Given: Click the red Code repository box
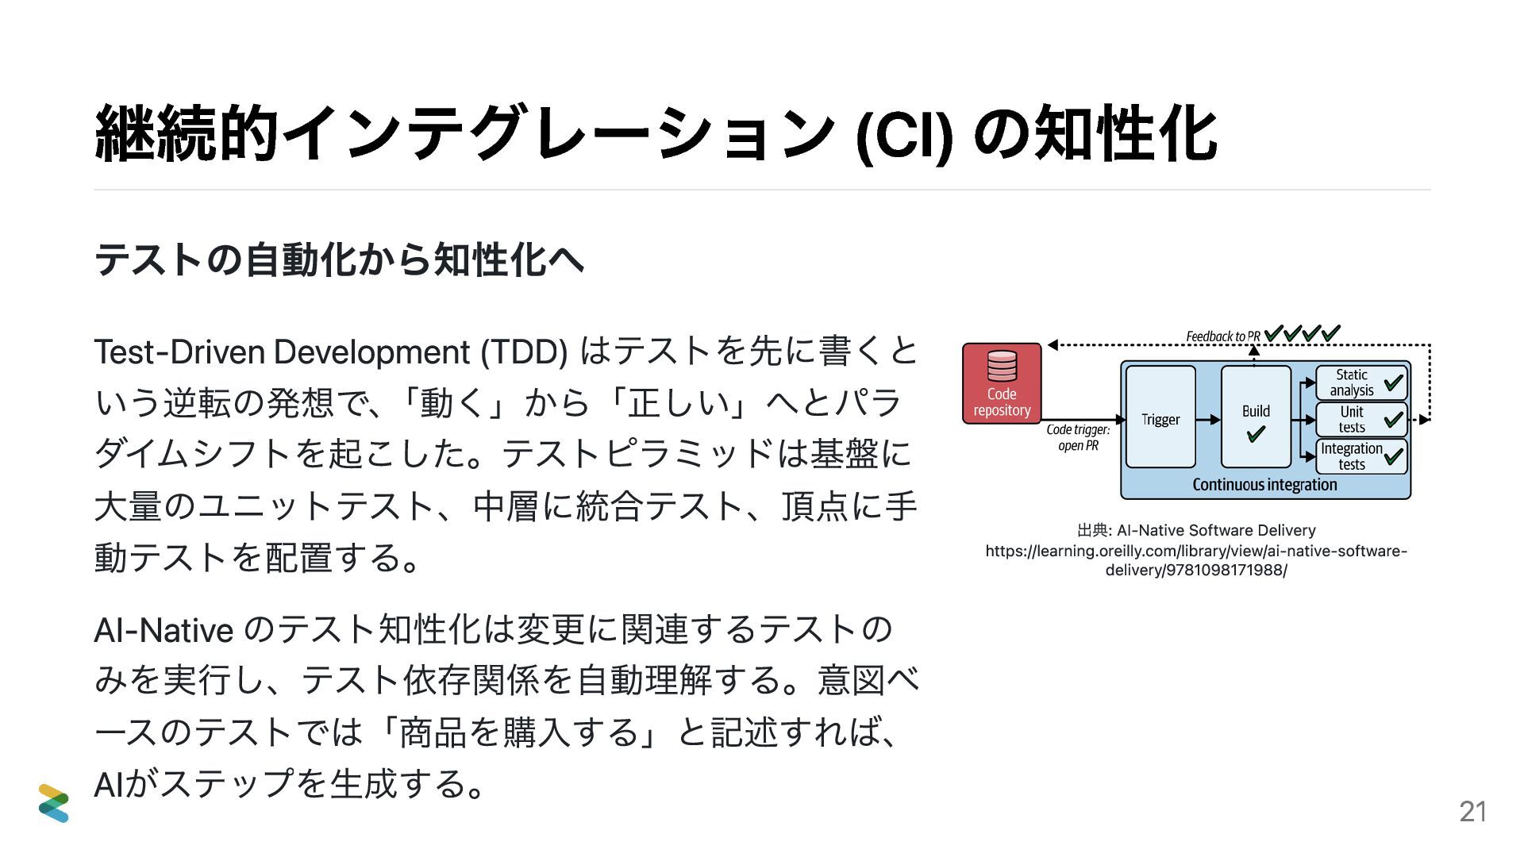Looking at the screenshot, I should (1002, 383).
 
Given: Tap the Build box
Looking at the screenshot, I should (1256, 416).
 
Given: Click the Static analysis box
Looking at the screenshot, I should (1360, 382).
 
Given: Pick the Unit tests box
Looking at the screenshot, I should (1360, 419).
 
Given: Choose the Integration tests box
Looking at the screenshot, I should (1360, 456).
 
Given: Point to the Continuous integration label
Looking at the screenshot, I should (1264, 485).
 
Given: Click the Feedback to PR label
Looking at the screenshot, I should (1222, 336).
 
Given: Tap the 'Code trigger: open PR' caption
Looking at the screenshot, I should (1078, 437).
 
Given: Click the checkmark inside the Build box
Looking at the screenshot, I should (1256, 434).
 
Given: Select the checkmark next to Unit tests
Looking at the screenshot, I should (1393, 419).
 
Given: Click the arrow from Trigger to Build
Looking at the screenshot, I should (1208, 419).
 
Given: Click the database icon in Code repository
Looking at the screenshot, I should (1002, 366).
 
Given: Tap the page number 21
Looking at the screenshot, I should (1472, 811).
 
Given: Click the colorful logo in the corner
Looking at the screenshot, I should (54, 802).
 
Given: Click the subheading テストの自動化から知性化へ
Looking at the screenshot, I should (339, 259).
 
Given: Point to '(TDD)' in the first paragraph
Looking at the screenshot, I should (524, 352).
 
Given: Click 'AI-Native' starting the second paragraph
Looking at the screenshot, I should (164, 630).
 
